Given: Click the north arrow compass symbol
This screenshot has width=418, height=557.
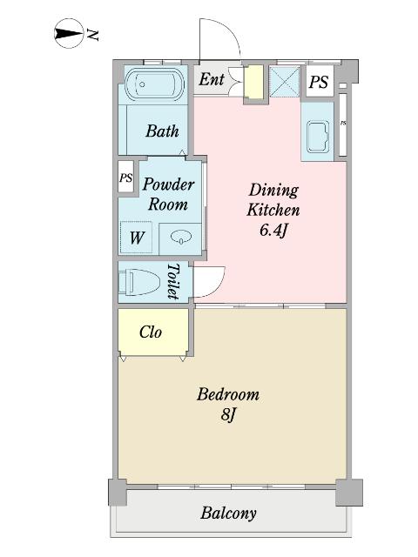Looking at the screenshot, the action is [x=69, y=33].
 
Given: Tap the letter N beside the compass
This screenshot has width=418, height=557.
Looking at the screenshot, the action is [x=92, y=35].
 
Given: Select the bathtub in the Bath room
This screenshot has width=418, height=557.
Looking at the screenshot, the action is [x=154, y=84].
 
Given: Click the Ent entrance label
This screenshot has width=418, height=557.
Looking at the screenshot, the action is [x=212, y=79].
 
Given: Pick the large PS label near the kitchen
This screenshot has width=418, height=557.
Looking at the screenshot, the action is [x=319, y=82].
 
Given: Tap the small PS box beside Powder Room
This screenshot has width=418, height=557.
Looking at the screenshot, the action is [x=125, y=177].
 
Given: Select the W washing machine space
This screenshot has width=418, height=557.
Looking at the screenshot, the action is [x=137, y=238].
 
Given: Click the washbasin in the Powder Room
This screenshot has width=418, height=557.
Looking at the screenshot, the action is [x=181, y=237].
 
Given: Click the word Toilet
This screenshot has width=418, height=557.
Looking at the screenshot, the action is [x=173, y=281].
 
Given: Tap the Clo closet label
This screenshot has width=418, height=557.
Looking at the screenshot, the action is [x=151, y=332].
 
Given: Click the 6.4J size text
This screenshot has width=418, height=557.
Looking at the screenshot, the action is [x=273, y=230].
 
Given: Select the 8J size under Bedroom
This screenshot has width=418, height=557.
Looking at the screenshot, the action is [x=228, y=414].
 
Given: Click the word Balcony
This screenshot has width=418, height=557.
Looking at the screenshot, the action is [x=228, y=513].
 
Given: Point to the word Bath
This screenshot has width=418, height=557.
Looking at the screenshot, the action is [x=162, y=131].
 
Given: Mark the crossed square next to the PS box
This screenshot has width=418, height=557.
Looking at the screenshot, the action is [x=284, y=81].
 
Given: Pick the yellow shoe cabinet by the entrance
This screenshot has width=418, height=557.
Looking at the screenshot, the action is [x=253, y=83].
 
